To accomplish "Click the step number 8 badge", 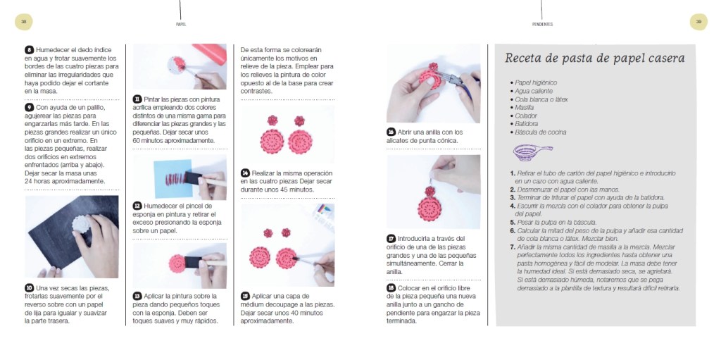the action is tap(29, 50).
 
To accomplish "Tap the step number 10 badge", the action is tap(29, 288).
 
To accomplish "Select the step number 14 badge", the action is tap(245, 173).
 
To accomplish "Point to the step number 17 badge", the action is tap(391, 238).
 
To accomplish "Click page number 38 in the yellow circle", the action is tap(23, 22).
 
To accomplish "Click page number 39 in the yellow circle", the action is tap(698, 22).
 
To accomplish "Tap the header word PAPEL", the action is tap(181, 24).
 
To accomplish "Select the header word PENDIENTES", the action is tap(542, 24).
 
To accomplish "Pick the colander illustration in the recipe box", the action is tap(532, 152).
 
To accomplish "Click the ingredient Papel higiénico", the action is tap(536, 83).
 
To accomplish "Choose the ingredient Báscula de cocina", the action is tap(540, 132).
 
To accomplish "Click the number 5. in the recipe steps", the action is tap(513, 223).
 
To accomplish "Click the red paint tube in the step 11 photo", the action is tap(209, 52).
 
